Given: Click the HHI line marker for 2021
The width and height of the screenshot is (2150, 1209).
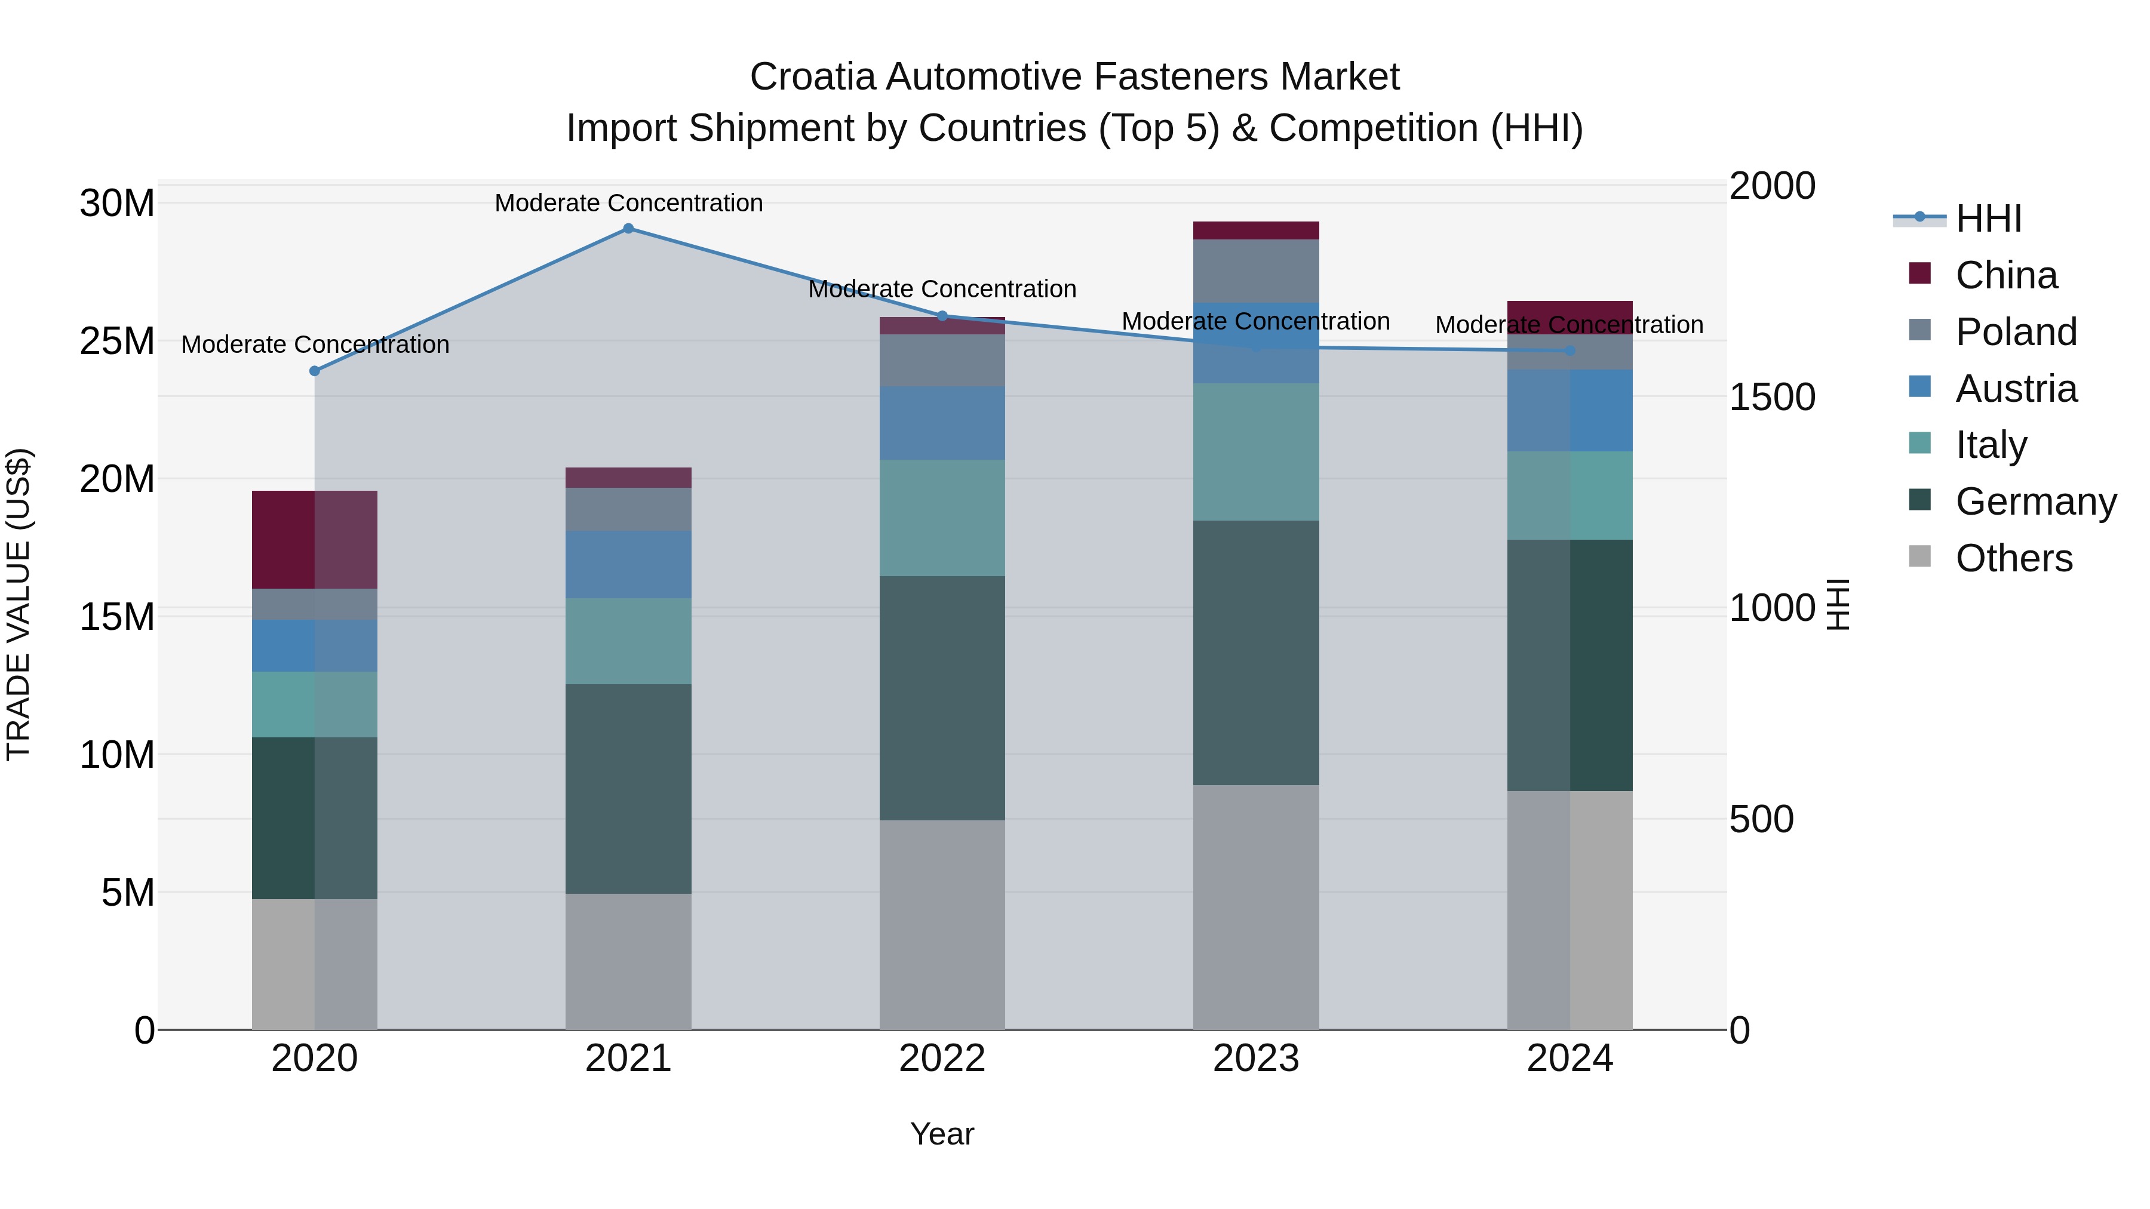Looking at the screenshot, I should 628,229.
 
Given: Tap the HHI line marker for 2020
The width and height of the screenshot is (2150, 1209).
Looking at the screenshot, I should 315,371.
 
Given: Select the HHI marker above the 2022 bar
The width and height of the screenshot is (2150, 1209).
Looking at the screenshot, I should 942,316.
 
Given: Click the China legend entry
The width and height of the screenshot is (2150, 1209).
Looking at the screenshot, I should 2005,275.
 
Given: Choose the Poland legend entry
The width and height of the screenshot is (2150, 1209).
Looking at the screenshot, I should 2015,332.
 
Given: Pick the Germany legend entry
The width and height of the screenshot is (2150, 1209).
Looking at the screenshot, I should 2035,502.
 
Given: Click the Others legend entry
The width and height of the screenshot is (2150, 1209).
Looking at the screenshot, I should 2013,558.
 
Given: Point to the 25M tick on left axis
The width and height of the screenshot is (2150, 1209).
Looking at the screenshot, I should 117,342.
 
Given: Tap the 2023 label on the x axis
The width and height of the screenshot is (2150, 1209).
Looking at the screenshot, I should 1255,1059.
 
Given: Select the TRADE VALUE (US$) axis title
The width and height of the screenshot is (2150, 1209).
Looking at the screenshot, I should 19,604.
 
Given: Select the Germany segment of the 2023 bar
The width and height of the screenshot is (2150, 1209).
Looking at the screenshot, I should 1255,653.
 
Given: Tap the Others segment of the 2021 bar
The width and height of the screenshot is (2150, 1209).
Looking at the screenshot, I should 628,961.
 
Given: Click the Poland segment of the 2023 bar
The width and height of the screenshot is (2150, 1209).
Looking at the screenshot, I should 1255,270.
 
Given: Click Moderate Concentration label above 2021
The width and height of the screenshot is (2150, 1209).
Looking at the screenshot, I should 628,203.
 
